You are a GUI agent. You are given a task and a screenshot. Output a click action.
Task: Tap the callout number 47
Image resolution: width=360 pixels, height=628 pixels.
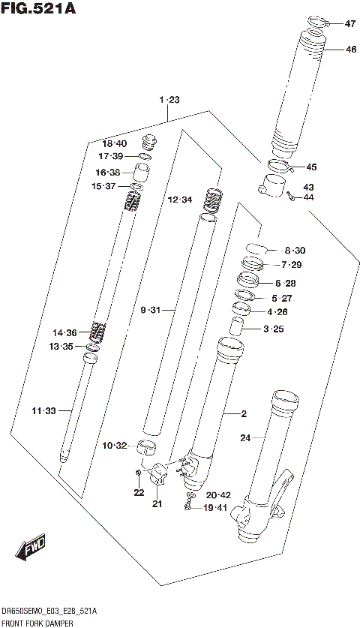pos(350,24)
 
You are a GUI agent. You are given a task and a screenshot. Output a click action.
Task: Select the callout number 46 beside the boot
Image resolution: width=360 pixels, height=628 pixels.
pos(350,50)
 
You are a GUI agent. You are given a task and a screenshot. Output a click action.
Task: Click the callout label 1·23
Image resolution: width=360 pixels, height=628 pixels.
pos(169,100)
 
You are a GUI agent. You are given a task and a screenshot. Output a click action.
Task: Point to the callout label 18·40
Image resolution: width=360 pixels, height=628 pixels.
pos(115,143)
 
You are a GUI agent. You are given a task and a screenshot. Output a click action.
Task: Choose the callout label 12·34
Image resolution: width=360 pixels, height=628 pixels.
pos(180,200)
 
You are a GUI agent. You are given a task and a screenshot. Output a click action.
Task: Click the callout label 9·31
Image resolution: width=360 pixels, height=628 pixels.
pos(150,309)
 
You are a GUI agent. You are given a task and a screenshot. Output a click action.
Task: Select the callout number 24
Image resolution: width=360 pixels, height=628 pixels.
pos(244,437)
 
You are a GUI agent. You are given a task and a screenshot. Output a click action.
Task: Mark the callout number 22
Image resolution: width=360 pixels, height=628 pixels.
pos(138,492)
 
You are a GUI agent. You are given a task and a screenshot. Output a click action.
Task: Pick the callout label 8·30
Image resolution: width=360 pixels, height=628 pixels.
pos(295,250)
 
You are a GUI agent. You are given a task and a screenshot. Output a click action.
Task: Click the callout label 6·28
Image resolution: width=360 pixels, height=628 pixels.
pos(286,283)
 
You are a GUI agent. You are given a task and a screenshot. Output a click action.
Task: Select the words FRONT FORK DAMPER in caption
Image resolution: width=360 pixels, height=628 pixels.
pos(39,622)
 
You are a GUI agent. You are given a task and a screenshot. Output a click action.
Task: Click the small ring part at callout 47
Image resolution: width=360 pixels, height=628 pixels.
pos(318,21)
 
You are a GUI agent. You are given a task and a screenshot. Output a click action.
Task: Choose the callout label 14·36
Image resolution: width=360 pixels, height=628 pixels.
pos(64,332)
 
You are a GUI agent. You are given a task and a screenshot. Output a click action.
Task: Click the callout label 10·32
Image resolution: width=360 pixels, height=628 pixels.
pos(115,446)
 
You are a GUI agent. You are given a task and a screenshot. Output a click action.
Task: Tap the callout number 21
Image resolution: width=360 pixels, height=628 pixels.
pos(157,503)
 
